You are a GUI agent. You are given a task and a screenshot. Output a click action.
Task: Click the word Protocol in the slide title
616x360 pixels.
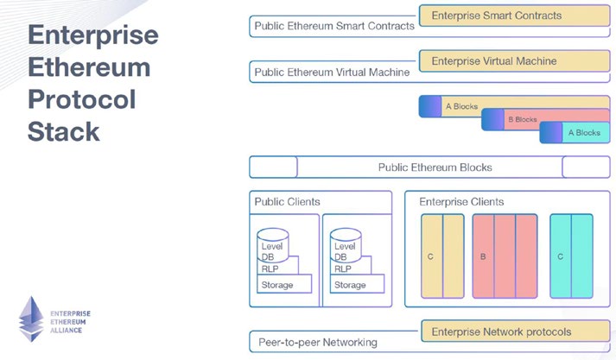[82, 99]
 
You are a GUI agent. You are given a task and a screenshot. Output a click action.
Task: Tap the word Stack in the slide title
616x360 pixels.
[64, 131]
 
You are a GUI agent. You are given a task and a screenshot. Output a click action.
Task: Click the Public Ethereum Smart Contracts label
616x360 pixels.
[333, 27]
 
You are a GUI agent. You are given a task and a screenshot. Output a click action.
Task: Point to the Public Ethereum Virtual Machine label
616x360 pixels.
[332, 73]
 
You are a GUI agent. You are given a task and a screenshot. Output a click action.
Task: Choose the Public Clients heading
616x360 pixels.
[287, 202]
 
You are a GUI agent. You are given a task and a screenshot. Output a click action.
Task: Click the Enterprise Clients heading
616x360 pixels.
[461, 202]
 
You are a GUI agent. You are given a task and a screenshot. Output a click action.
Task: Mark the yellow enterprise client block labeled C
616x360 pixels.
[442, 256]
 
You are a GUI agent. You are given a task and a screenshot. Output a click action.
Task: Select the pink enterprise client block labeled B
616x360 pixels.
[505, 256]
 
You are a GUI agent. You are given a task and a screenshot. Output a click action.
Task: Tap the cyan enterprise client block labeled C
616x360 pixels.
[571, 256]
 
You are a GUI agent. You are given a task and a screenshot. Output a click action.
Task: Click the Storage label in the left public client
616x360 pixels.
[277, 285]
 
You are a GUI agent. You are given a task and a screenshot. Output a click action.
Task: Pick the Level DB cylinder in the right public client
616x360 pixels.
[346, 245]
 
